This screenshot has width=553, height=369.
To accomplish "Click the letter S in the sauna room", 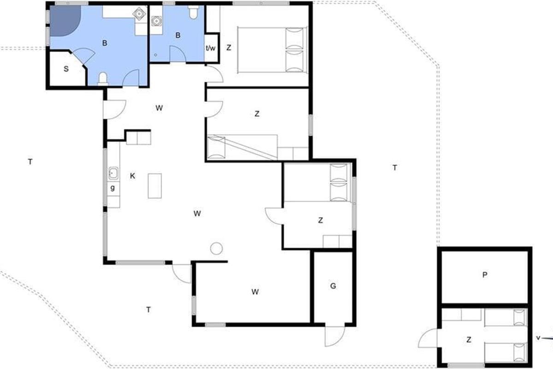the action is pos(66,69).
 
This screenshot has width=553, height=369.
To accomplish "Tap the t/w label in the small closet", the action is pos(211,48).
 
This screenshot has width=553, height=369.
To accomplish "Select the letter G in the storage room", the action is pos(333,286).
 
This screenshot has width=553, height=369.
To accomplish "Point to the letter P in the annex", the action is pos(485,275).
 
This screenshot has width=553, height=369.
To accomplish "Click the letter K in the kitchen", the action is pos(133,176).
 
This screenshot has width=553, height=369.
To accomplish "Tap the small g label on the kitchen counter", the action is pos(112,188).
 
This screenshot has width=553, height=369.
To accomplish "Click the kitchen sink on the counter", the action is pos(113,173).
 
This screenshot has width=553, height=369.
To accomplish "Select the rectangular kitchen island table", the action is pos(155,186).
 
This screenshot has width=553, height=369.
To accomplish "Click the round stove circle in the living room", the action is pos(217,249).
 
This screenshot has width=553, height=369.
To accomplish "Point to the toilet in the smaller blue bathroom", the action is pos(193,12).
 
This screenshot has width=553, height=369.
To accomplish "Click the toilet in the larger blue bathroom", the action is pos(103,79).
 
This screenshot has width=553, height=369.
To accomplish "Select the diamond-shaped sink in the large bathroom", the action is pos(139,13).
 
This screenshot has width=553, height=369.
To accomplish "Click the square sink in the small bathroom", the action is pos(156,21).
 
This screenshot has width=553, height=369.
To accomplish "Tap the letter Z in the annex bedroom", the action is pos(469,340).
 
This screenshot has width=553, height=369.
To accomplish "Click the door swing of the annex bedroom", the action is pos(427,338).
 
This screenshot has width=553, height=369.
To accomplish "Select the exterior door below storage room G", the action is pos(335,336).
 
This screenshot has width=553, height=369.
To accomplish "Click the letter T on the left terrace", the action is pos(30,162).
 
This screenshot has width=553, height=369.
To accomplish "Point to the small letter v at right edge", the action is pos(538,338).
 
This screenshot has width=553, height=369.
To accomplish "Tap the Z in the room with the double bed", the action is pos(229,48).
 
